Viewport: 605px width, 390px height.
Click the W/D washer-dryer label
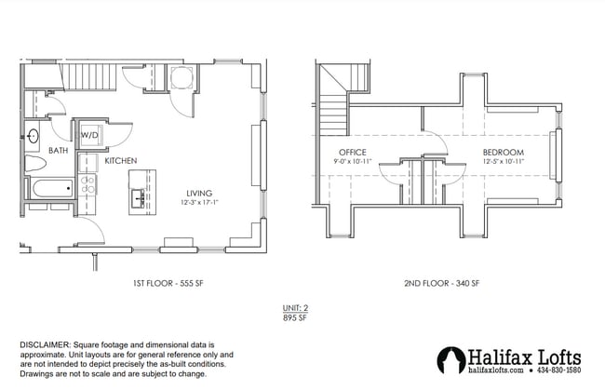(89, 136)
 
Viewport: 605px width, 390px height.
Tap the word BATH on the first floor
(33, 151)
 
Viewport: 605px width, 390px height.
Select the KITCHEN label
(121, 161)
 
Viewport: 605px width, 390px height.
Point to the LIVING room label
(198, 193)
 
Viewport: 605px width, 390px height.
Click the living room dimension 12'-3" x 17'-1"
(198, 203)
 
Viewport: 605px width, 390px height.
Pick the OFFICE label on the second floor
(352, 152)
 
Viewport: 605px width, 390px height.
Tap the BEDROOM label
(503, 152)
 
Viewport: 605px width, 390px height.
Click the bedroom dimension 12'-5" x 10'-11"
(503, 162)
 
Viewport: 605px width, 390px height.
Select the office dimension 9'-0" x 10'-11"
(352, 162)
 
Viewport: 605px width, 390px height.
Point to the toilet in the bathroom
(35, 165)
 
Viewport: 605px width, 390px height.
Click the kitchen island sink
(137, 197)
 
